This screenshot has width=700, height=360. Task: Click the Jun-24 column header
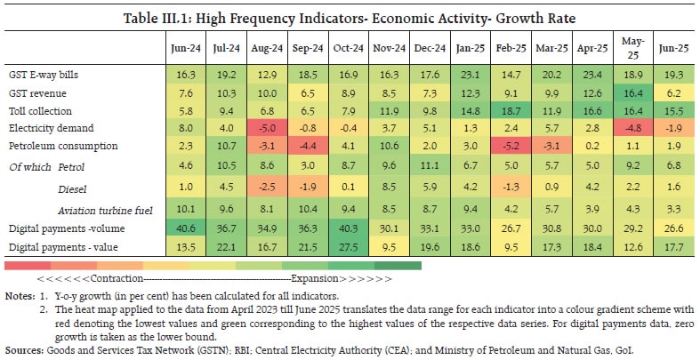pyautogui.click(x=181, y=46)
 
